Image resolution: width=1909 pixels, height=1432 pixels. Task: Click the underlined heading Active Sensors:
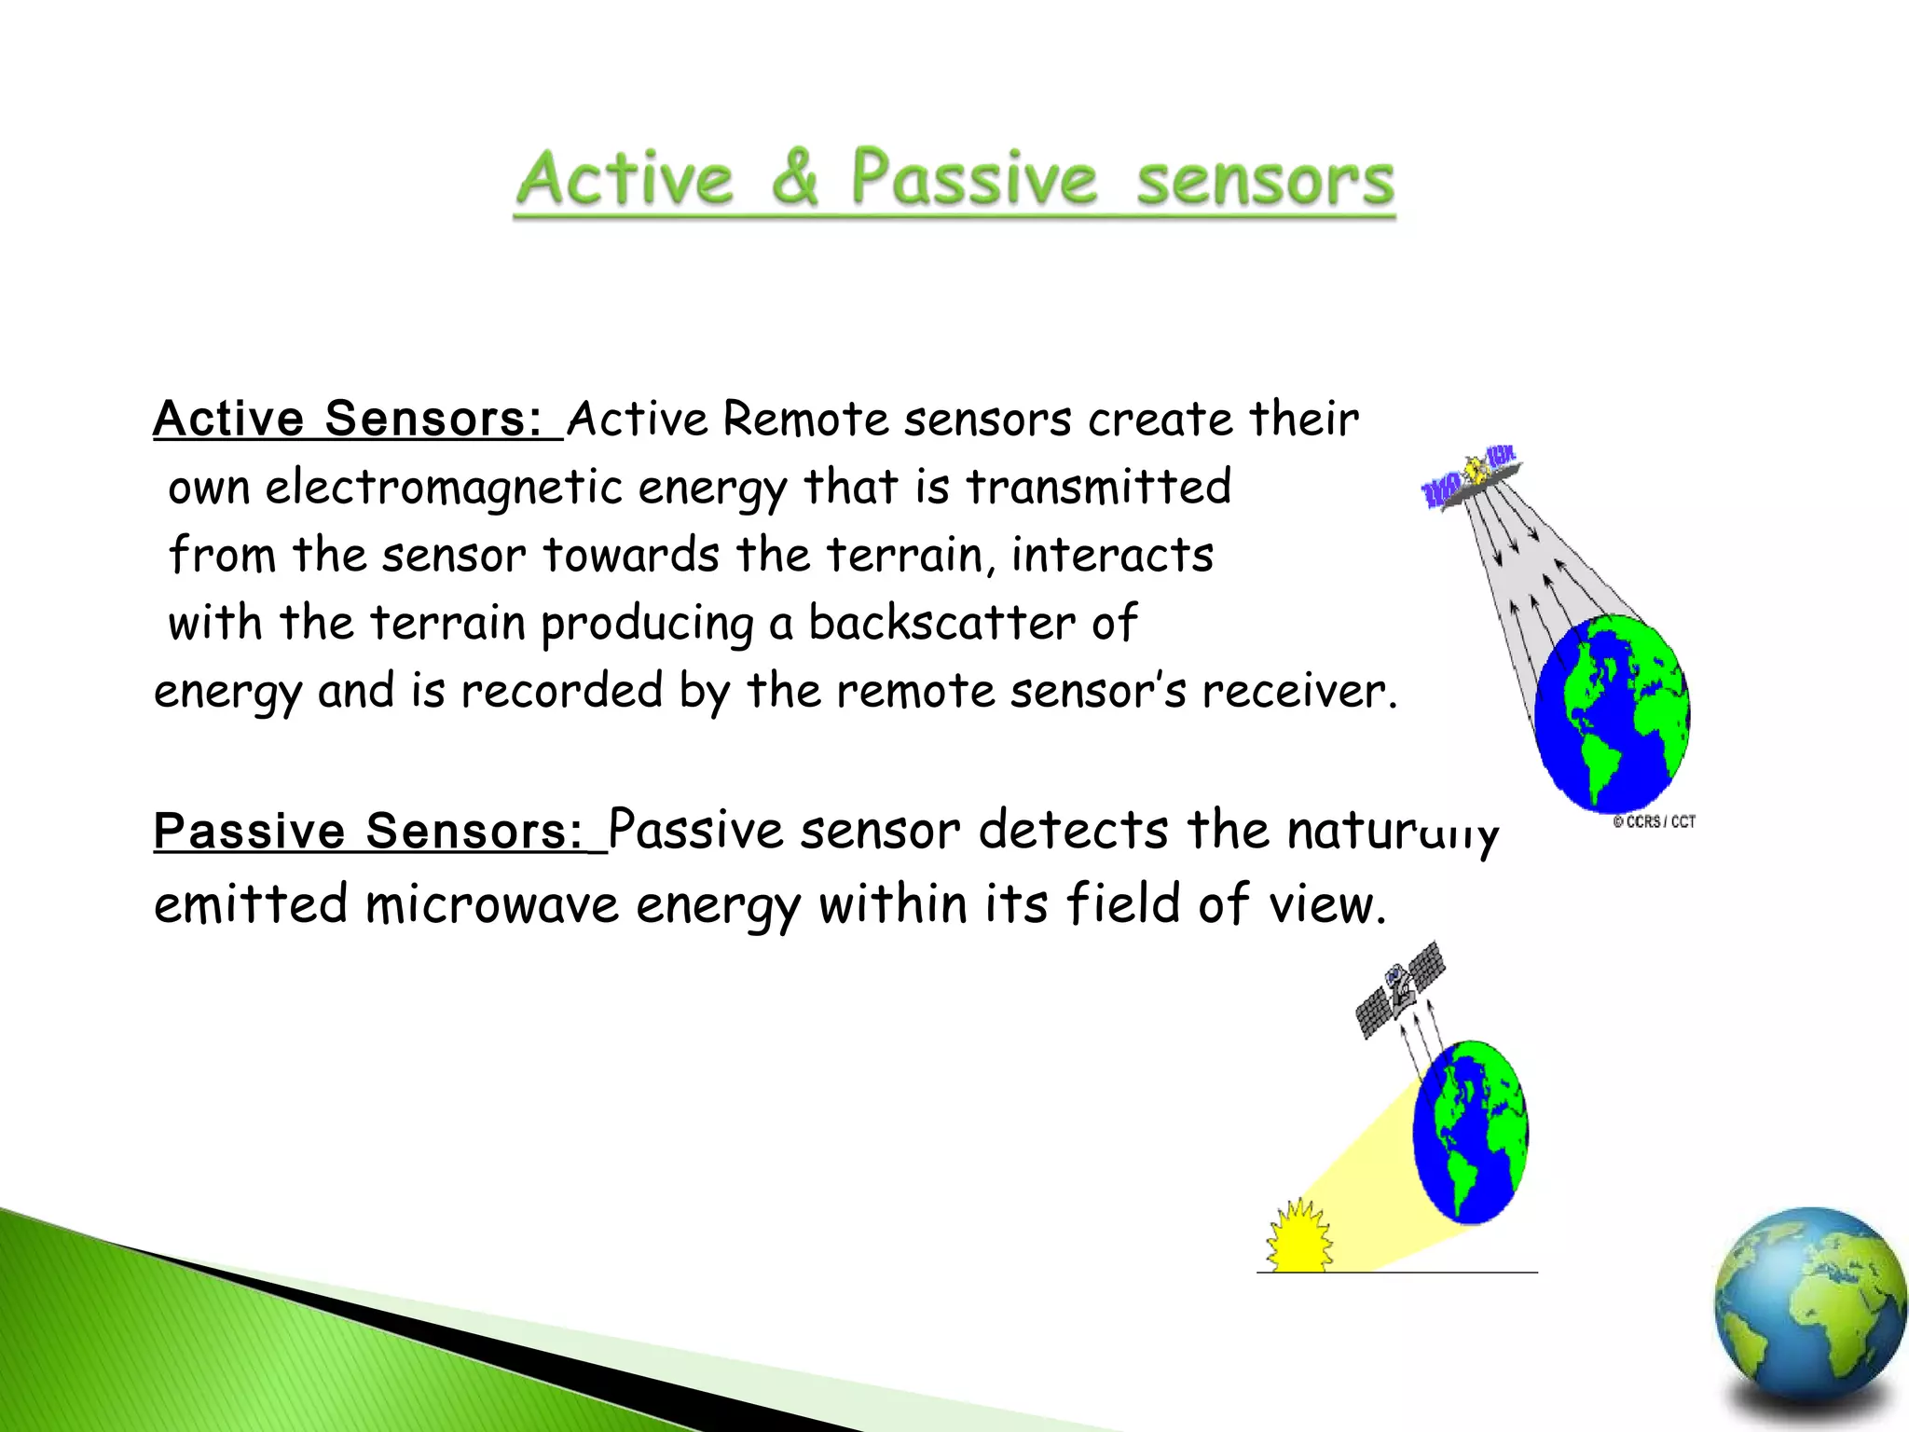pos(348,418)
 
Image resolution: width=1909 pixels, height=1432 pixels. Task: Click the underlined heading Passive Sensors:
pos(368,831)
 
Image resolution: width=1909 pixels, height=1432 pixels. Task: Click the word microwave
pos(492,904)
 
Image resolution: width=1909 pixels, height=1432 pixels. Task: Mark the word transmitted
pos(1098,488)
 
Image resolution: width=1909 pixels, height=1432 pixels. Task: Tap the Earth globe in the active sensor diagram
pos(1612,713)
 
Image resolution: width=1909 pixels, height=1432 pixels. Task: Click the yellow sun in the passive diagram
pos(1298,1238)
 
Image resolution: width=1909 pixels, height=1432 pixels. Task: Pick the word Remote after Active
pos(804,419)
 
